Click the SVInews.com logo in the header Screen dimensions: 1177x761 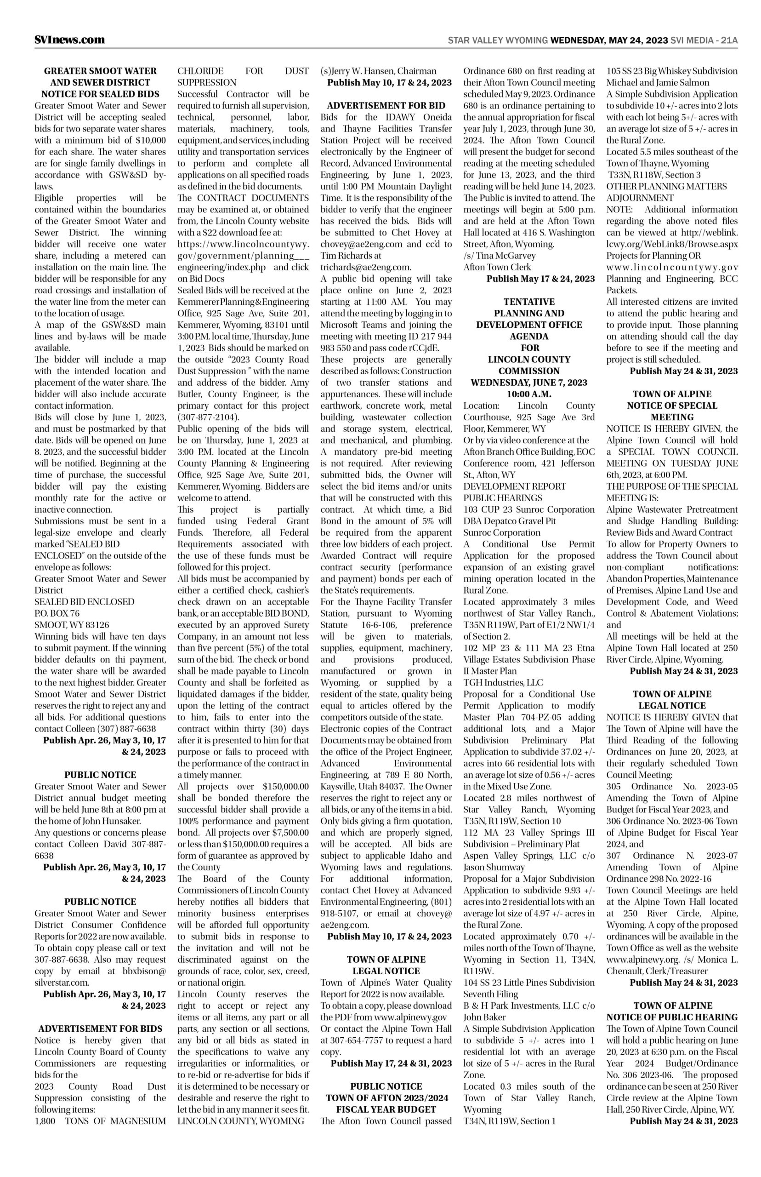[x=70, y=40]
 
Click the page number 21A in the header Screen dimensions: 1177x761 [x=729, y=40]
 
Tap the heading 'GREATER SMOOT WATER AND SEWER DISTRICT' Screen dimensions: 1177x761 [x=100, y=77]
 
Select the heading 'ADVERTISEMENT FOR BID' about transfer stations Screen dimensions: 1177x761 [x=386, y=105]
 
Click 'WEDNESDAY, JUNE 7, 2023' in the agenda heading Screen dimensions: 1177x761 [x=529, y=383]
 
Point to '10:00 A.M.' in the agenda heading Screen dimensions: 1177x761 [x=529, y=394]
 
